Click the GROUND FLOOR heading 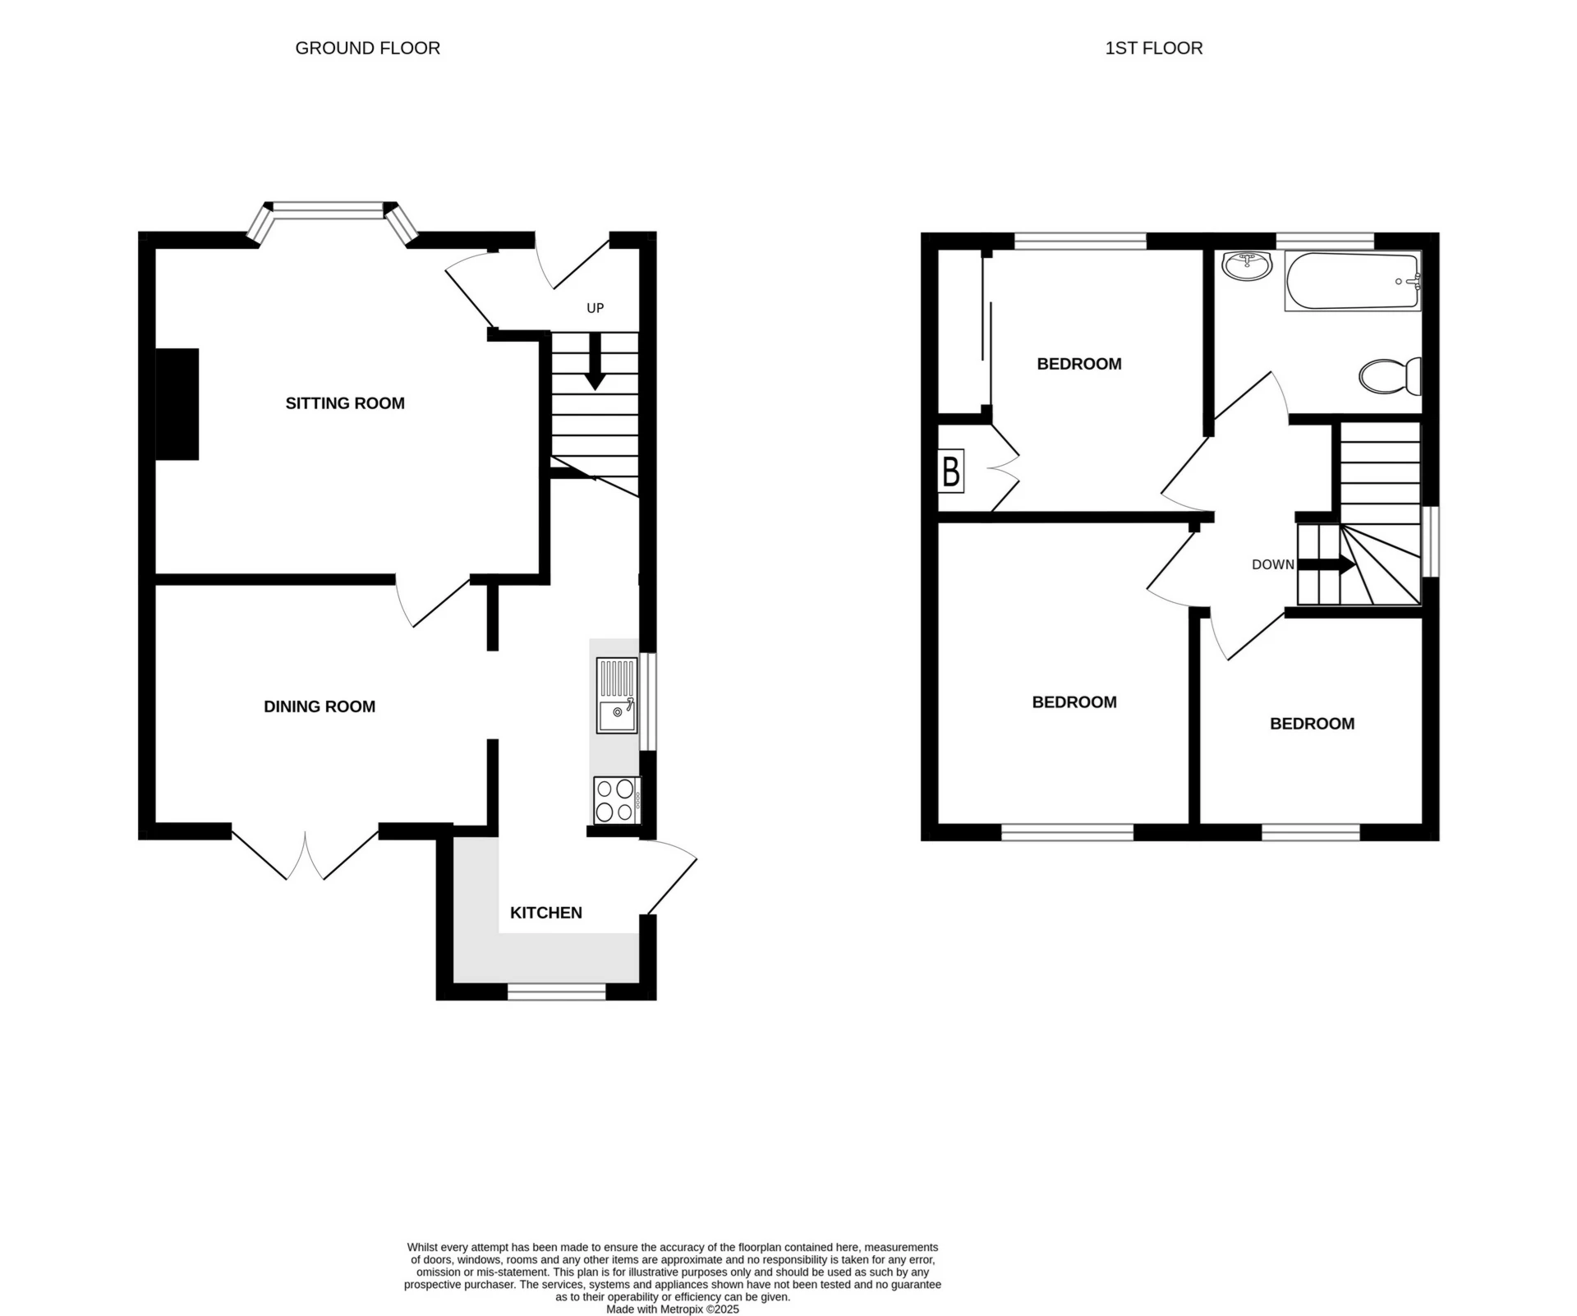coord(367,48)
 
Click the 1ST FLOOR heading coord(1153,48)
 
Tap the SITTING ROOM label coord(345,403)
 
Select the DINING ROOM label coord(320,706)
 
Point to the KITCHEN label coord(546,913)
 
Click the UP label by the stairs coord(595,308)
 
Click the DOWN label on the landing coord(1272,564)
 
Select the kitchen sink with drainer coord(617,695)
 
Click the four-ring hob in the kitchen coord(616,800)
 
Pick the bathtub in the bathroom coord(1352,281)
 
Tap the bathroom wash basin coord(1246,265)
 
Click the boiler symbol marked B coord(951,472)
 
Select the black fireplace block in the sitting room coord(177,404)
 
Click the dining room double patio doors coord(306,854)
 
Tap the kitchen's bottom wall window coord(556,992)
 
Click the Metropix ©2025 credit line coord(673,1309)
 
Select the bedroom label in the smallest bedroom coord(1312,724)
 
